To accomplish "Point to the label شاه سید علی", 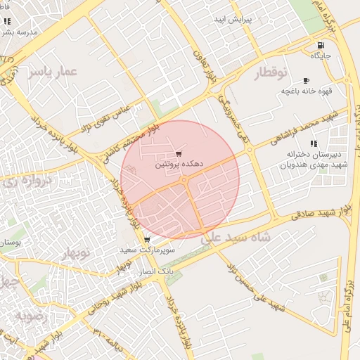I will (236, 238).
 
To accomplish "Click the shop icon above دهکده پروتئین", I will (179, 153).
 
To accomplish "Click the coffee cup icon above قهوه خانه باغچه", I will (306, 80).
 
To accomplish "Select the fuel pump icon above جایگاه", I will (319, 44).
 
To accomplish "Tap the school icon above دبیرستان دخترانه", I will (314, 143).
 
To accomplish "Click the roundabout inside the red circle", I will (184, 181).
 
